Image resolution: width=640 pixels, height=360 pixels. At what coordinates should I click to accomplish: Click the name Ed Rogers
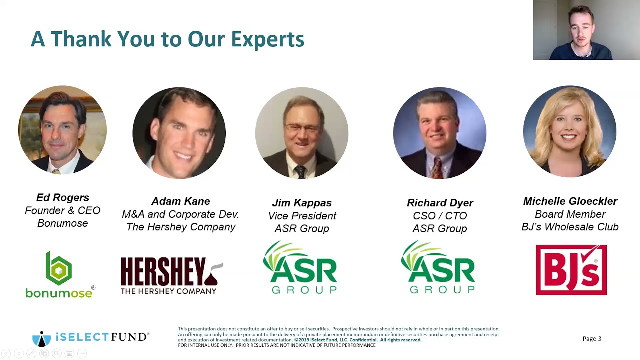point(63,198)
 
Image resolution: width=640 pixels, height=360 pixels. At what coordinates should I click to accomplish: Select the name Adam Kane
point(180,201)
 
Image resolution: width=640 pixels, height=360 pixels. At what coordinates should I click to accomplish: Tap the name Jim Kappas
point(302,203)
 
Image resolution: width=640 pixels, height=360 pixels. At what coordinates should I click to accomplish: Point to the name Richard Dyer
point(440,203)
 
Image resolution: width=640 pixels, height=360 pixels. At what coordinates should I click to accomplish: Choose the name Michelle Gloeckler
point(570,201)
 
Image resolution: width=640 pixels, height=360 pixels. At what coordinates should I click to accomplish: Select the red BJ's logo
point(571,270)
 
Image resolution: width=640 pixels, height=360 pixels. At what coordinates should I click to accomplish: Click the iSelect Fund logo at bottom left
point(90,338)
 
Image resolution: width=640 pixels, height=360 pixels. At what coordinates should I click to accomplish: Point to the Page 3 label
point(592,339)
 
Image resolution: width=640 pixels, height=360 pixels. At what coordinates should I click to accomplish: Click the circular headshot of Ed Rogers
point(62,130)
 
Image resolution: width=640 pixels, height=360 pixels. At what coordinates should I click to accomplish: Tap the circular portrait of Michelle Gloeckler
point(570,131)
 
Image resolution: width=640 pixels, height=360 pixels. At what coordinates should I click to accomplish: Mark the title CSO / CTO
point(440,216)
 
